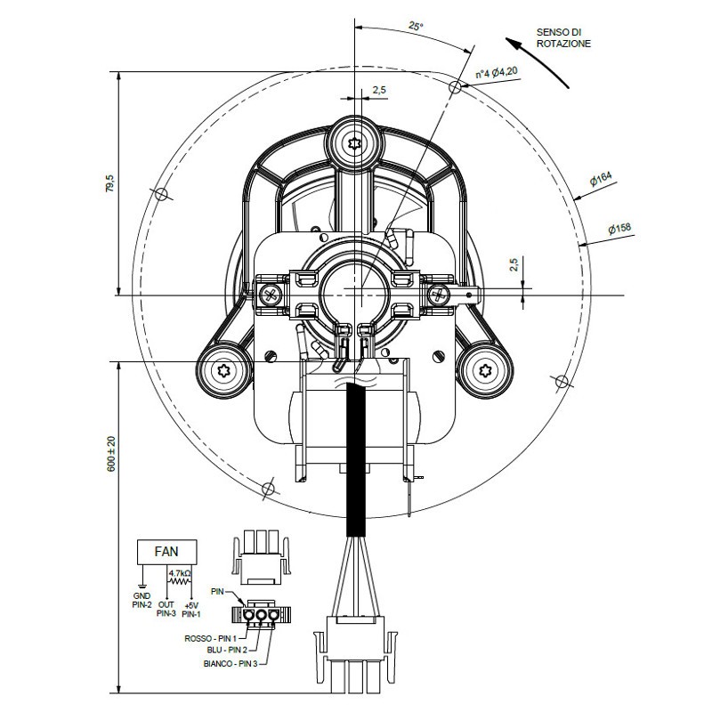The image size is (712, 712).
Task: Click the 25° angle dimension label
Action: [415, 27]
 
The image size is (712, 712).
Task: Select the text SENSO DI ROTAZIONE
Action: [563, 38]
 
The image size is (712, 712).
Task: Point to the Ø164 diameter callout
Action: [601, 179]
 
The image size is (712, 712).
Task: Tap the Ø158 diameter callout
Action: [619, 228]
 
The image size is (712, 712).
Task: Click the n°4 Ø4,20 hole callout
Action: [497, 73]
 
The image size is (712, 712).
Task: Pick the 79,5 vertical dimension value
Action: [110, 183]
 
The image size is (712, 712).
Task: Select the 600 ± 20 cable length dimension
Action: [111, 454]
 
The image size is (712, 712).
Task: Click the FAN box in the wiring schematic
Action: [167, 552]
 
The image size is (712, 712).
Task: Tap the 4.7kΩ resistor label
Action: [180, 573]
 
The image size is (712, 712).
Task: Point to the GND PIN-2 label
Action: [142, 600]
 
